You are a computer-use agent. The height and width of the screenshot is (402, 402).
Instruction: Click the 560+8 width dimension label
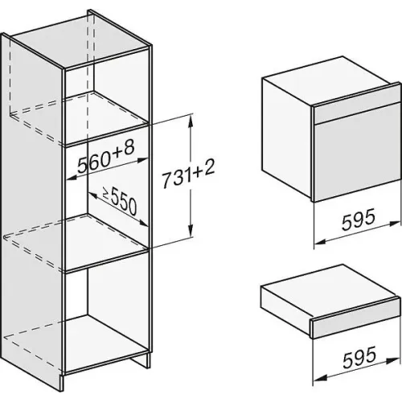pos(106,158)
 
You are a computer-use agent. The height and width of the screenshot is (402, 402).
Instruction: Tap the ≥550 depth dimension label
pos(120,200)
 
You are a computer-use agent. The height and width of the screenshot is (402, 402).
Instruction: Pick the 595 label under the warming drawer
pos(359,358)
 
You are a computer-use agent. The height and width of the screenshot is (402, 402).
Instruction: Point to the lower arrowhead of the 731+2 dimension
pos(191,231)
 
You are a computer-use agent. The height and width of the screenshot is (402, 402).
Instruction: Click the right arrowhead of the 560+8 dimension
pos(142,160)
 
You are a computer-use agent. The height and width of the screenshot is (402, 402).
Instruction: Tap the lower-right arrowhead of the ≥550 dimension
pos(142,223)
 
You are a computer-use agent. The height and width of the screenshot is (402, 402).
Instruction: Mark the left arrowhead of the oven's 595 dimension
pos(320,242)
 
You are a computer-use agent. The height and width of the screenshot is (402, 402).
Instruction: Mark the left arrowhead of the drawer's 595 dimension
pos(319,378)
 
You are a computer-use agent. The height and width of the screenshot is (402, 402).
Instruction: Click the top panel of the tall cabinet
pos(80,39)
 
